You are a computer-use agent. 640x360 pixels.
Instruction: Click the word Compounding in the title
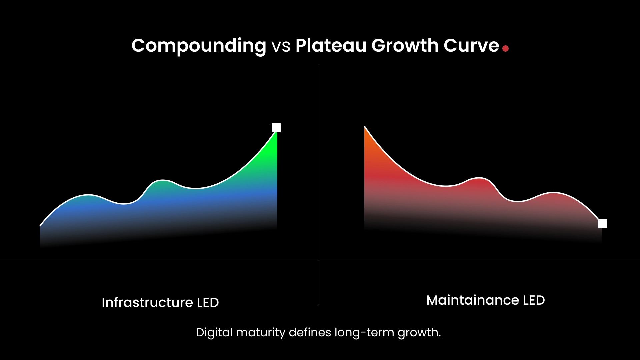point(199,46)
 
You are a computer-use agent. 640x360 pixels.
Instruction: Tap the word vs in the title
point(281,46)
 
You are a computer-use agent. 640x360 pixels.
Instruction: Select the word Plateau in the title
point(331,46)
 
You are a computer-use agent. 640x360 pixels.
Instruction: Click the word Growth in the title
point(405,46)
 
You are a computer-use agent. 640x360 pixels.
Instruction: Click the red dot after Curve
point(505,49)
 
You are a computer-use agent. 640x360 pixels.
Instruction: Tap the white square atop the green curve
point(276,128)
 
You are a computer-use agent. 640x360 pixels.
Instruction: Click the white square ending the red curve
point(602,223)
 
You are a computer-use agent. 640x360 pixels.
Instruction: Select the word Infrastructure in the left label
point(147,303)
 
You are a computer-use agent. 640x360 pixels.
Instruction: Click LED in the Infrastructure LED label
point(208,303)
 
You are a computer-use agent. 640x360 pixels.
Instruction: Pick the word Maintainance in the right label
point(472,300)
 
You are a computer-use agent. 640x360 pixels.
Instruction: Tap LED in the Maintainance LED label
point(534,300)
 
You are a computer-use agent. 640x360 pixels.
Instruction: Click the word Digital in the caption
point(214,332)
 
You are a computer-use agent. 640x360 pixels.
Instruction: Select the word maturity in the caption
point(261,332)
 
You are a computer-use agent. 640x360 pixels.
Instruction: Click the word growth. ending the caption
point(419,332)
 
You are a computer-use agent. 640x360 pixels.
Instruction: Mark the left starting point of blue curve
point(41,226)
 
